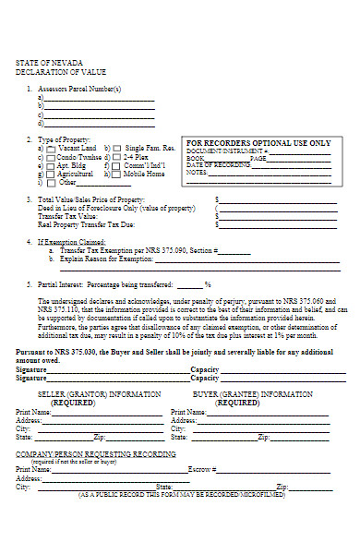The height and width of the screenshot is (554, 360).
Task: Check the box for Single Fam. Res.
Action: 117,149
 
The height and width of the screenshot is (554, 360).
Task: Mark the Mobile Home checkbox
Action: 117,174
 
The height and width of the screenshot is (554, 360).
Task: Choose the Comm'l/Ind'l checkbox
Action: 117,165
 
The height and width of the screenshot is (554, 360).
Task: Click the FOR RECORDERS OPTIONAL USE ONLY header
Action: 258,144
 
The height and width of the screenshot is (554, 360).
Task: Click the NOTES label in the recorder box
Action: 197,173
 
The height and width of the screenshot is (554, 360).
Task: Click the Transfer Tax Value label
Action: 68,216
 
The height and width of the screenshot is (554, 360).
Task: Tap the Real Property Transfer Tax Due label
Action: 88,224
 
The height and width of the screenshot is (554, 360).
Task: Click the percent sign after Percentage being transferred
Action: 208,284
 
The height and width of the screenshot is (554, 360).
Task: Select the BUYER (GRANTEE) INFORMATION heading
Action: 252,393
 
